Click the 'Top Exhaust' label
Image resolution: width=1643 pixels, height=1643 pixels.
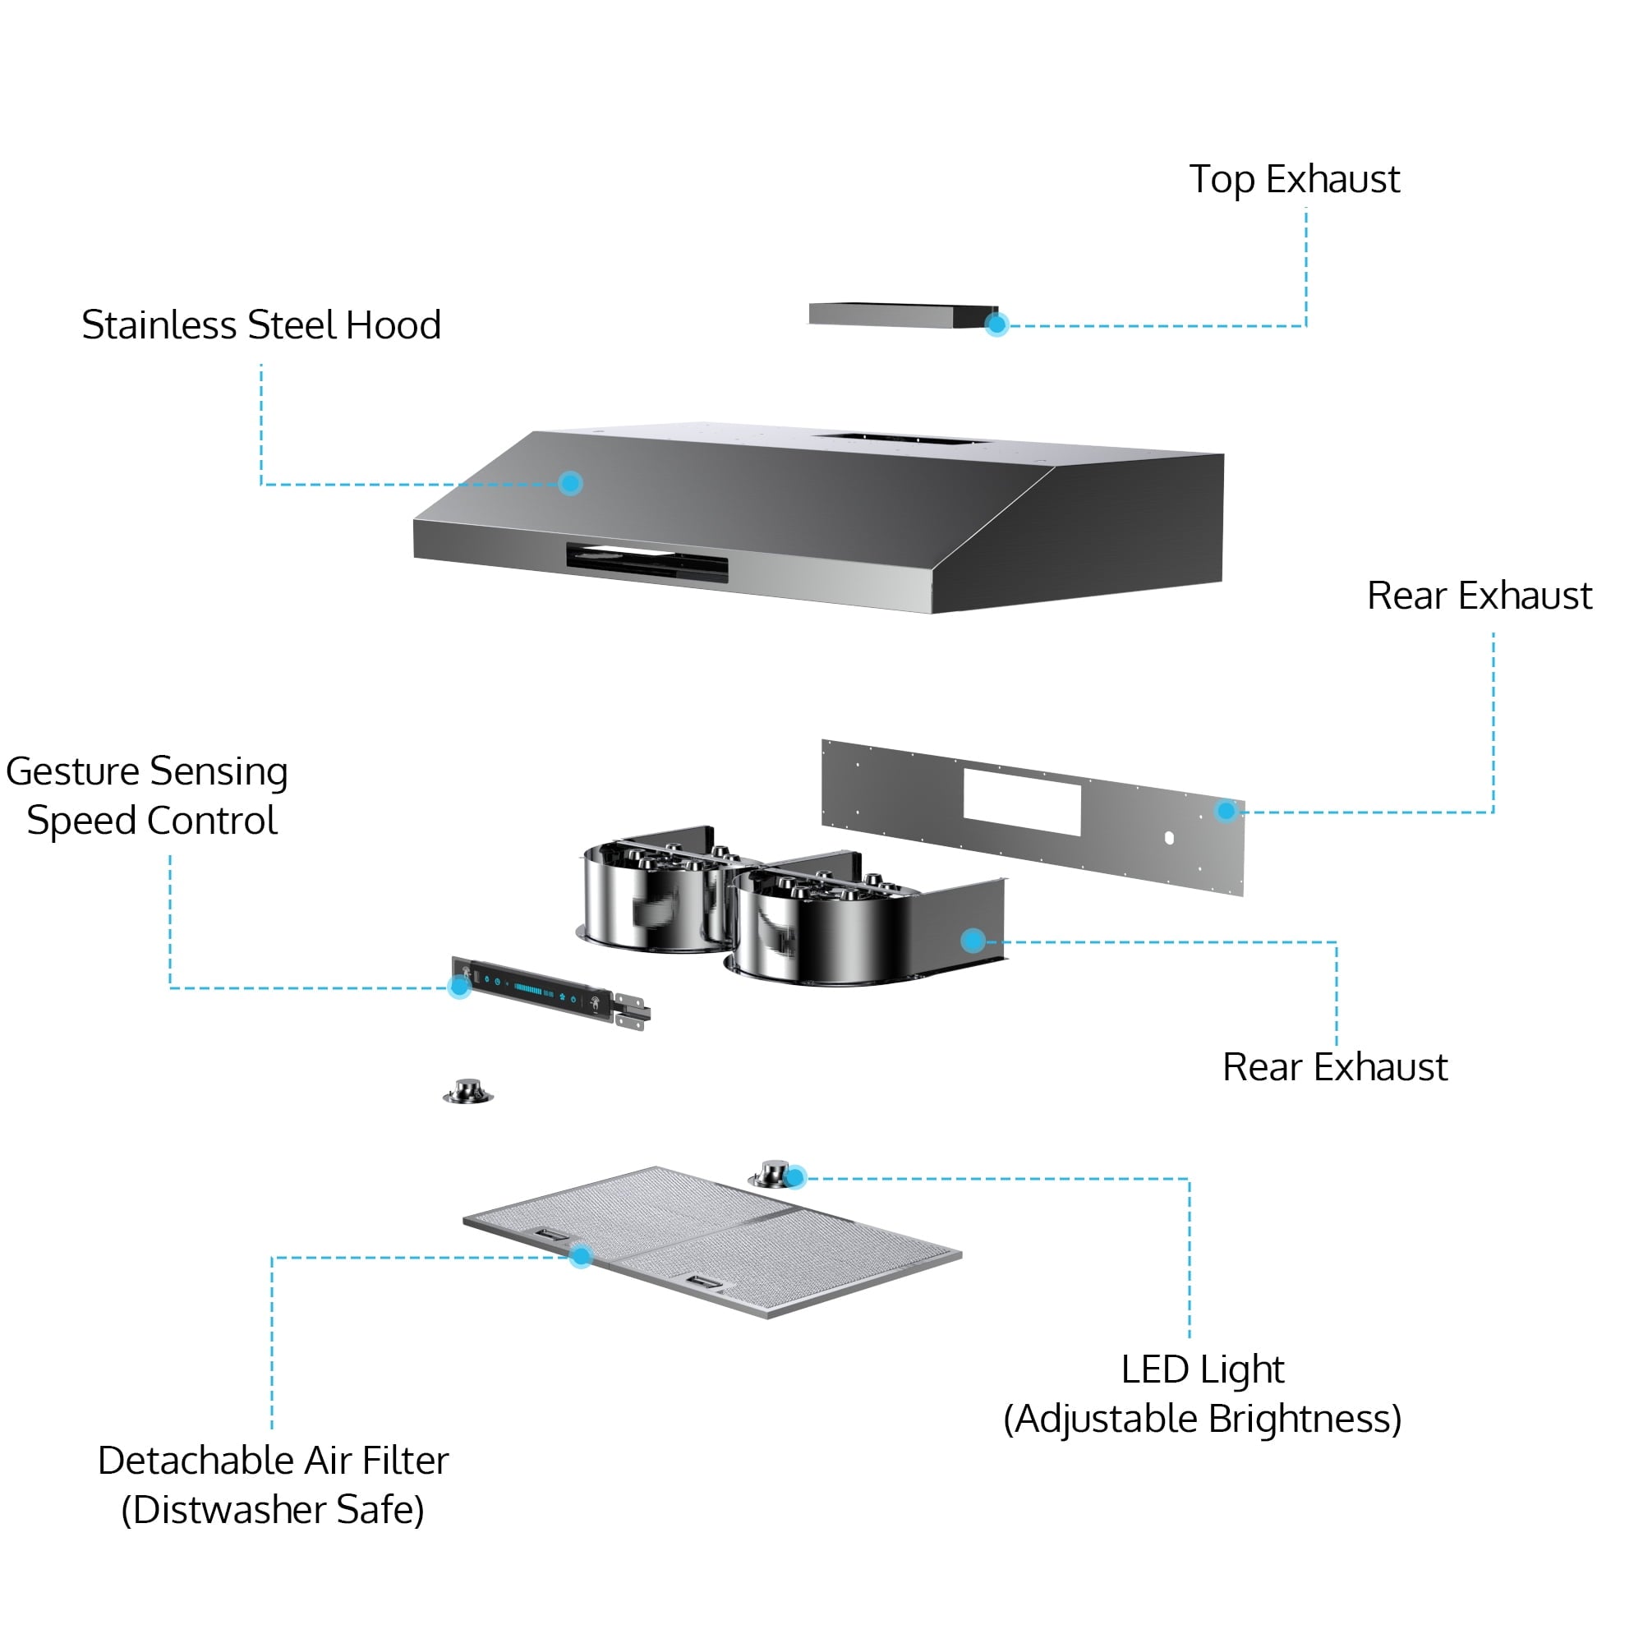[1294, 179]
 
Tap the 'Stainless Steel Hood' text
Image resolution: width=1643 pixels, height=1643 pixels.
[261, 324]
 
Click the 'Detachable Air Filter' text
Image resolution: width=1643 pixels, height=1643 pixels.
[273, 1460]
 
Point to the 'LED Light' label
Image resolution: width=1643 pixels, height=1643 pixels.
[1202, 1369]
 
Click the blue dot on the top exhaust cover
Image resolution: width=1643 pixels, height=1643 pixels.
[996, 324]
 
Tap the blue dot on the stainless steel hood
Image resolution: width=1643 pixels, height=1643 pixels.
[570, 483]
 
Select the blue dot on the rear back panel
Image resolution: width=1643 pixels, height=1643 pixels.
[1226, 811]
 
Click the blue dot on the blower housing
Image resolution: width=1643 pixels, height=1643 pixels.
[973, 940]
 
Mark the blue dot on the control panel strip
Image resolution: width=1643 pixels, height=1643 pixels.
[459, 987]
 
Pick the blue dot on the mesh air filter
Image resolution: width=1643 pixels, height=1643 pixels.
[581, 1256]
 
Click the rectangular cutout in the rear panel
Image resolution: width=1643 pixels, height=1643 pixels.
[1021, 802]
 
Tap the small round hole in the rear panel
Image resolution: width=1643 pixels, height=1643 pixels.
[1169, 839]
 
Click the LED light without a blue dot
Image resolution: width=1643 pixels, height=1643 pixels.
[467, 1092]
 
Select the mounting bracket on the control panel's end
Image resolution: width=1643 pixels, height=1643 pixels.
[632, 1012]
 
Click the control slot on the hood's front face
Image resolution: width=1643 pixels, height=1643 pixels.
[647, 562]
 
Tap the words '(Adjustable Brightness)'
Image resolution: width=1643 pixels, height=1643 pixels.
[1202, 1419]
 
